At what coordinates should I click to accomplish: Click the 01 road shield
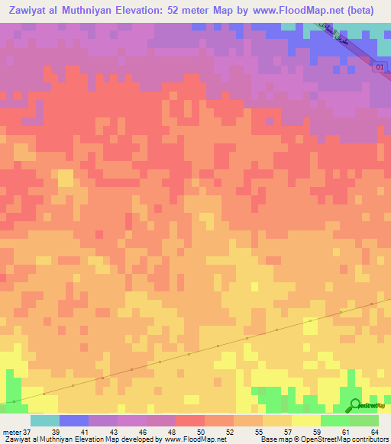point(380,68)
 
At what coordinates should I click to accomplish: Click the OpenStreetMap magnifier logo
point(355,405)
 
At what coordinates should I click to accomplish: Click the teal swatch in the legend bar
point(45,420)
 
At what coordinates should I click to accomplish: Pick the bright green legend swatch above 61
point(335,420)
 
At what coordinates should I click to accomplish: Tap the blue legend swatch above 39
point(74,420)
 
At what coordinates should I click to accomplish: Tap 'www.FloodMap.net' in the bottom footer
point(195,439)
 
